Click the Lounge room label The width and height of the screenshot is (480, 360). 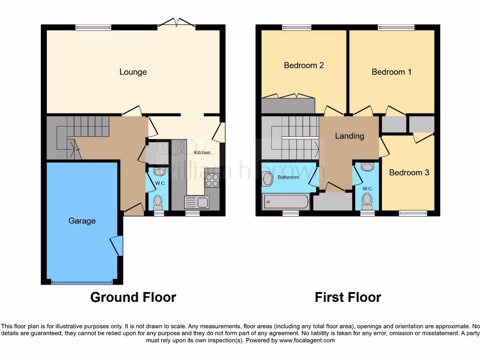click(x=133, y=72)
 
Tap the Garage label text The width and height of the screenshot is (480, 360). click(x=82, y=221)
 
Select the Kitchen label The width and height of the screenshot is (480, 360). click(x=202, y=152)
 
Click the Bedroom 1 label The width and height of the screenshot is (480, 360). click(x=391, y=72)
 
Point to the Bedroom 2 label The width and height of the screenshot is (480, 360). click(x=304, y=65)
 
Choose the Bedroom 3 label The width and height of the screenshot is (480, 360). click(x=409, y=172)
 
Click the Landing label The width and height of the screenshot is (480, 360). click(x=349, y=136)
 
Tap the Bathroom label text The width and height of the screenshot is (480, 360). click(x=288, y=177)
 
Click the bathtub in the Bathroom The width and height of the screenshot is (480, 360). click(x=285, y=202)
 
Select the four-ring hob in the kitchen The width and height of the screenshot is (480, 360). click(x=212, y=180)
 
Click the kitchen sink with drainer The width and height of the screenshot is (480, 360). click(x=197, y=202)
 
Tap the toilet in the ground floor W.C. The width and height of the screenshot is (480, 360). click(x=158, y=202)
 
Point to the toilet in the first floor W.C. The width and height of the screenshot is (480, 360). click(x=367, y=201)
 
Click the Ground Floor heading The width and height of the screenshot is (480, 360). click(x=133, y=297)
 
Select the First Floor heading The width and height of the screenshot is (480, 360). click(x=348, y=297)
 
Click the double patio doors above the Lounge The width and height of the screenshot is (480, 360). click(x=177, y=22)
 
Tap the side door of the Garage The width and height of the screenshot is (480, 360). click(x=117, y=246)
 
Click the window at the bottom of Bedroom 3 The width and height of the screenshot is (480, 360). click(x=413, y=213)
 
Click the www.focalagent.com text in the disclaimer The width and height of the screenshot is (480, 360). click(x=307, y=340)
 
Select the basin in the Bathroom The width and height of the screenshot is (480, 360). click(x=268, y=178)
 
